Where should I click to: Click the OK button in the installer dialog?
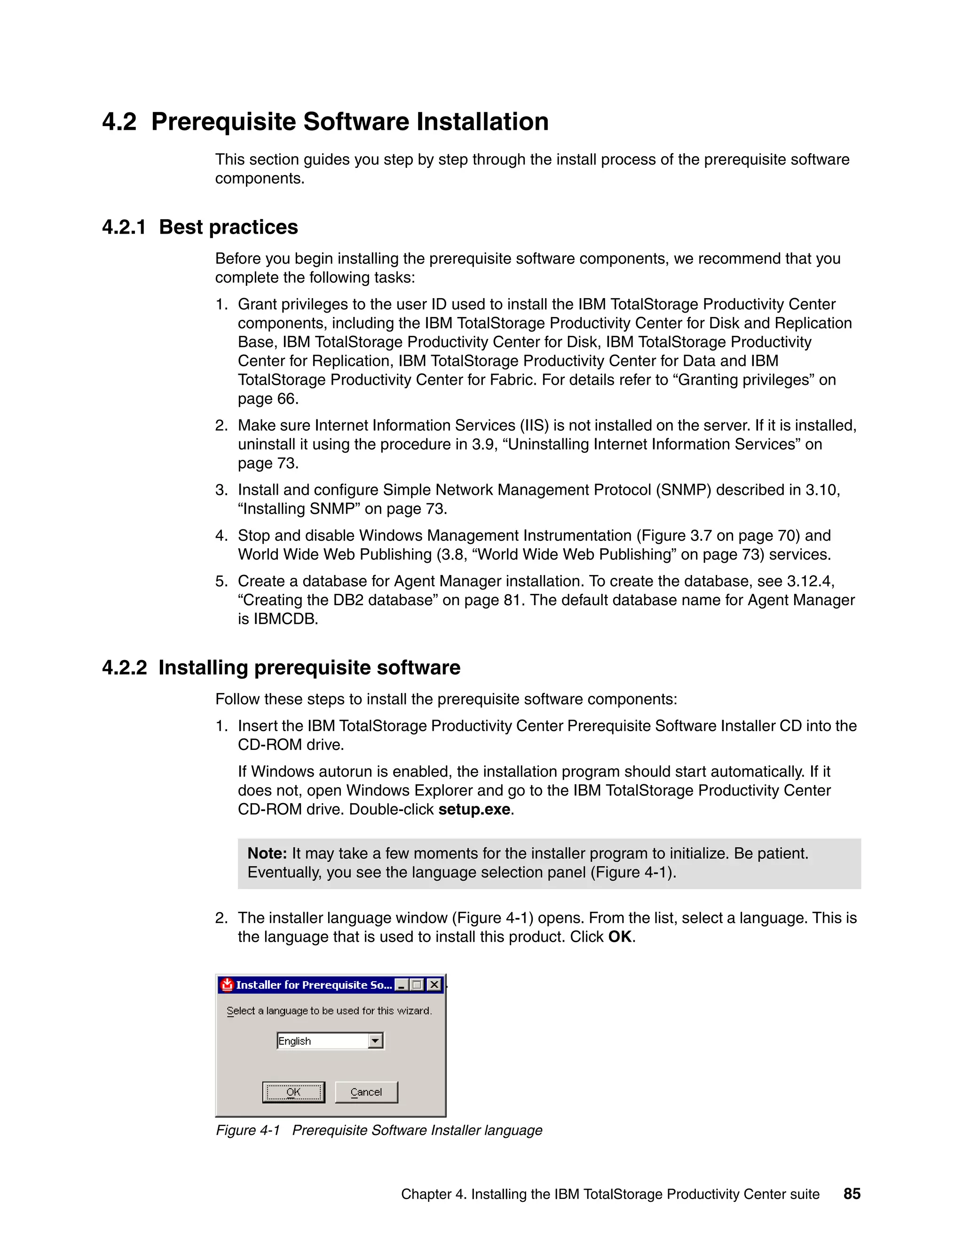tap(293, 1092)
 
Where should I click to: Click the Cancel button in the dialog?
tap(366, 1092)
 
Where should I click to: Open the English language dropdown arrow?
tap(375, 1041)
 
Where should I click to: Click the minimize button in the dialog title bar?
tap(402, 985)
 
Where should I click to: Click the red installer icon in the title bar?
tap(227, 985)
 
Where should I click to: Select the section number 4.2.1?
tap(124, 227)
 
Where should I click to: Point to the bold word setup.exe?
tap(474, 809)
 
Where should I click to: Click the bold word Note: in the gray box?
tap(267, 853)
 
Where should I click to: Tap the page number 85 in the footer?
tap(852, 1193)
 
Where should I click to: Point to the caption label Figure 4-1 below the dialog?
tap(248, 1130)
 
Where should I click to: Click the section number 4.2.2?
tap(124, 668)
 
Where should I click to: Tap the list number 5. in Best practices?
tap(221, 581)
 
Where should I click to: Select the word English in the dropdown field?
tap(294, 1041)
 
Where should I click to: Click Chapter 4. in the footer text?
tap(433, 1194)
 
